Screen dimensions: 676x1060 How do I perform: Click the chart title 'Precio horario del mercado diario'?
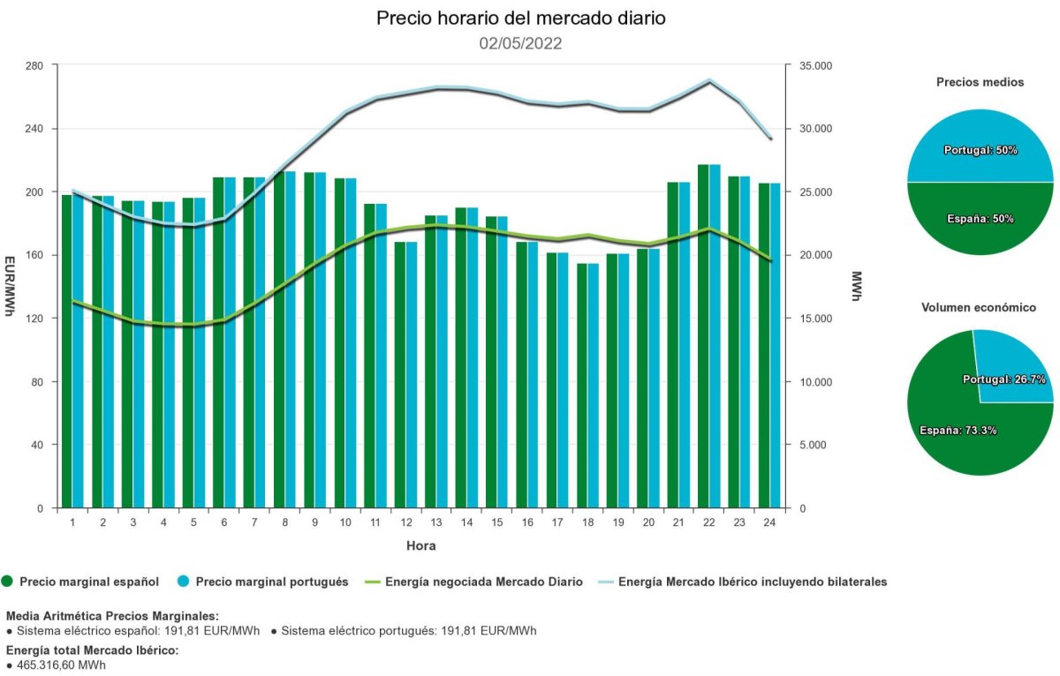(520, 19)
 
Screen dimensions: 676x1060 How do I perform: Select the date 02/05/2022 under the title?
(520, 43)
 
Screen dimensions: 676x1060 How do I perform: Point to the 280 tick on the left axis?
(34, 65)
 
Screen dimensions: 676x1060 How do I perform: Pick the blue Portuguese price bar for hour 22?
(715, 336)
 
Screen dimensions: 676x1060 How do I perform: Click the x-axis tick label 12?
(405, 522)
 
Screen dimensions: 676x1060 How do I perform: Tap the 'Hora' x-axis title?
(420, 545)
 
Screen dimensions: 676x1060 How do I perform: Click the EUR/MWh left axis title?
(11, 286)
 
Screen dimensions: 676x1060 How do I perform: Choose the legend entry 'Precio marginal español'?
(88, 582)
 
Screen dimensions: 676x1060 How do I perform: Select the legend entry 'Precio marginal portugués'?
(272, 582)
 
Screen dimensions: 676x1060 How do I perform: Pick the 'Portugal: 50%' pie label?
(980, 150)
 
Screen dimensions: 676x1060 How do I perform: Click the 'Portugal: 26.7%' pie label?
(1003, 379)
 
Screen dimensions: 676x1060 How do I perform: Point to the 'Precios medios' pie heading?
(980, 82)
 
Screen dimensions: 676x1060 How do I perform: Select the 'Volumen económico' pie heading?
(979, 308)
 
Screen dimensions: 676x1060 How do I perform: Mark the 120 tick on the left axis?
(34, 319)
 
